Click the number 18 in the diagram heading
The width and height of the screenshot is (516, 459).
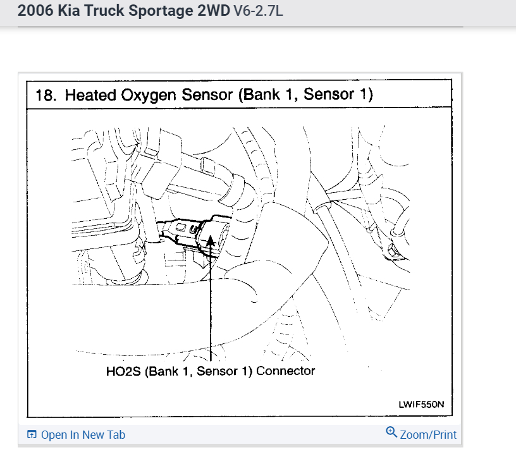pos(44,95)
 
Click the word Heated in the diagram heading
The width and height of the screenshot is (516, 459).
pos(88,95)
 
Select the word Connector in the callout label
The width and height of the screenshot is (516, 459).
pos(285,370)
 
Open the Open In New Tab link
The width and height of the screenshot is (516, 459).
pos(83,434)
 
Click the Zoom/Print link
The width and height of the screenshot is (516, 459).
pos(427,434)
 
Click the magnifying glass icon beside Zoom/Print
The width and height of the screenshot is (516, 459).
pos(391,433)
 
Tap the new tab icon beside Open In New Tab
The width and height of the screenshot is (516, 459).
pos(32,434)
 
